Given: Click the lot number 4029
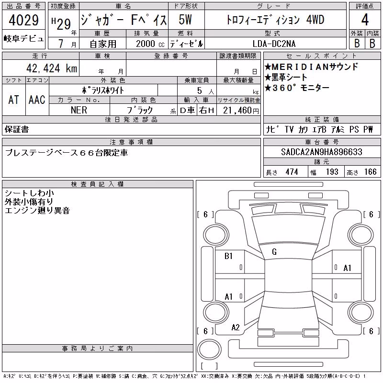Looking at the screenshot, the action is [x=23, y=20].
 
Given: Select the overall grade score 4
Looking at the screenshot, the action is [x=365, y=20].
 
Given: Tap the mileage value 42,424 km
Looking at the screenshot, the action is [x=52, y=68].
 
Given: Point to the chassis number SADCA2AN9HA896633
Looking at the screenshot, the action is [x=321, y=152].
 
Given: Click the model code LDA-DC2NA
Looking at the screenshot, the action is [x=274, y=44].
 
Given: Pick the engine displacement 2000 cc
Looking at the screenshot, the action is [x=150, y=44].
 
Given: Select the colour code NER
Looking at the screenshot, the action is [x=79, y=110].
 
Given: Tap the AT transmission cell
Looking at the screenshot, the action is [x=14, y=100].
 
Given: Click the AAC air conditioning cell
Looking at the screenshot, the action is [x=37, y=100].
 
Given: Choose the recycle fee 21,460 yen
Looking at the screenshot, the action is [x=241, y=111].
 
